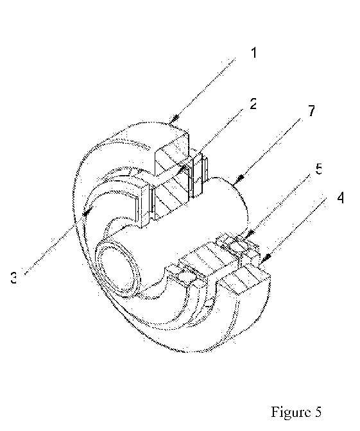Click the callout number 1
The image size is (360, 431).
pos(254,53)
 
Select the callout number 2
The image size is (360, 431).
pos(253,104)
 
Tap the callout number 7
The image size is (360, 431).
pos(311,110)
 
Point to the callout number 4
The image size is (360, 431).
pos(341,198)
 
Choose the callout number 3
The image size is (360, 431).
pos(13,278)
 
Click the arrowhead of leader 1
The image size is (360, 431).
pos(174,119)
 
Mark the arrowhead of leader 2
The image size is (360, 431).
pos(180,170)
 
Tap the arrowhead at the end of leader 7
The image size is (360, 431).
pos(239,178)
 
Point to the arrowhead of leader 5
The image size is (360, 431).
pos(249,234)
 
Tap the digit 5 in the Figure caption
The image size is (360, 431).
pos(318,412)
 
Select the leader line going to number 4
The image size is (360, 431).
pos(294,229)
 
